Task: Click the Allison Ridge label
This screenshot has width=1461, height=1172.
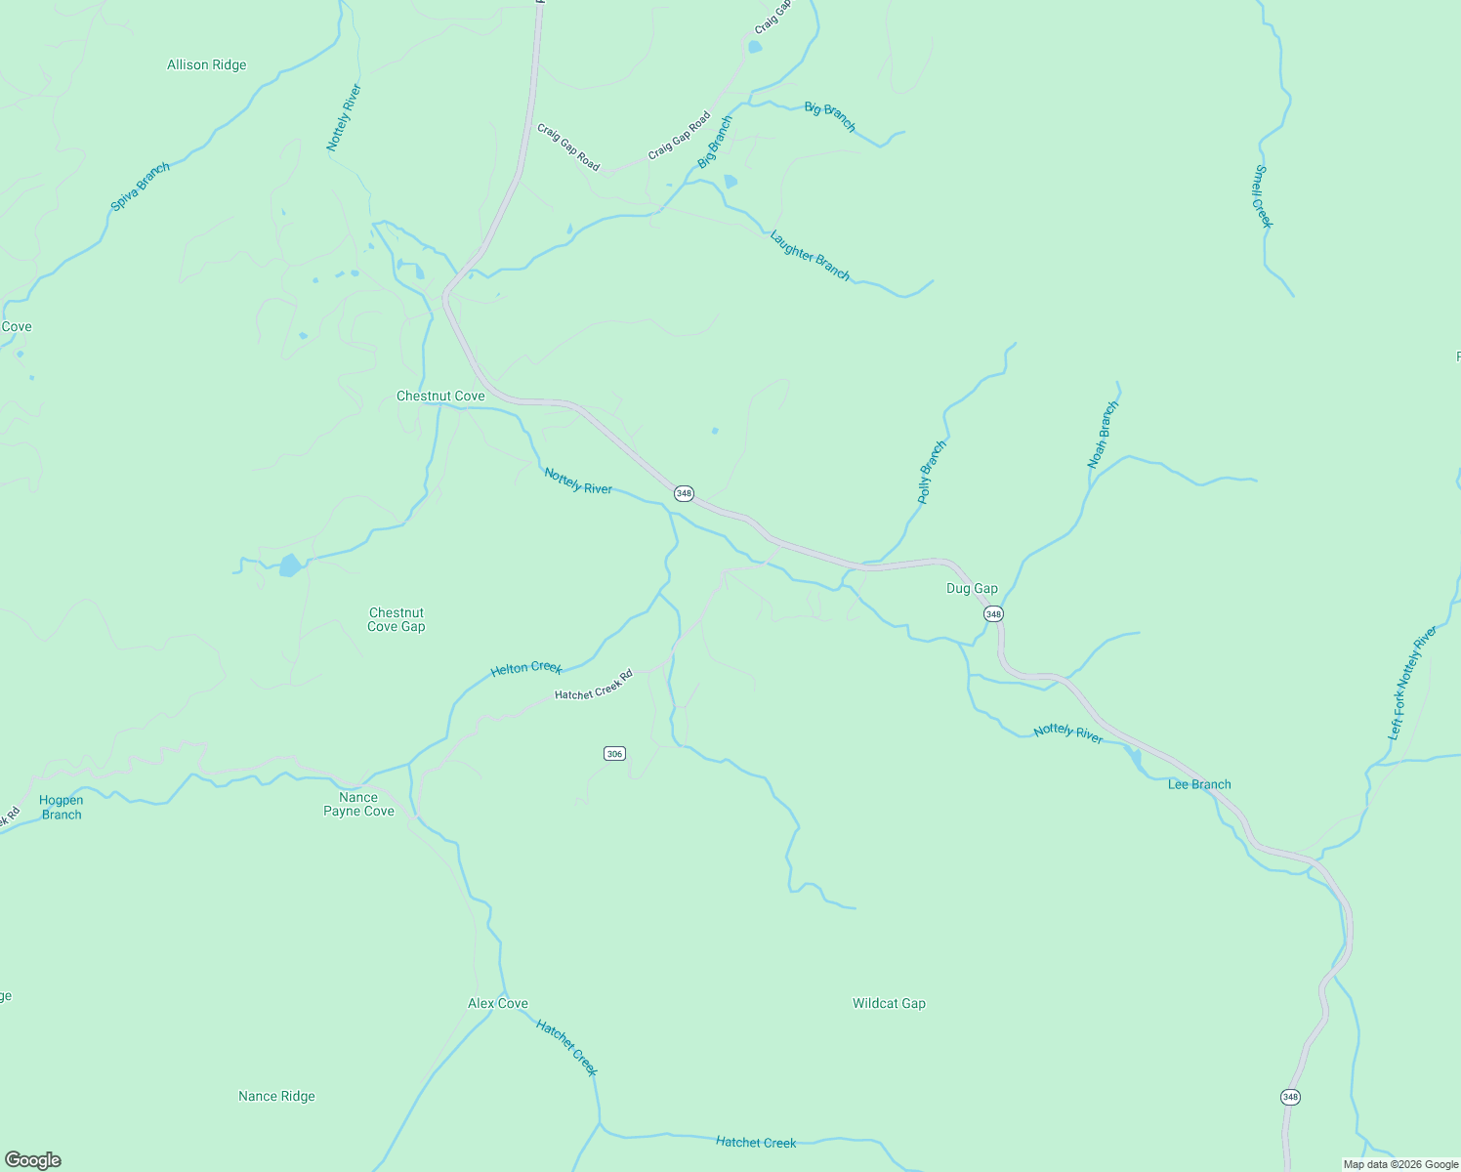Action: [207, 65]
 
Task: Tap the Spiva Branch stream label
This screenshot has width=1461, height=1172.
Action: [141, 187]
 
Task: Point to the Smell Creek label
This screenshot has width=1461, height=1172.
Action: [1263, 196]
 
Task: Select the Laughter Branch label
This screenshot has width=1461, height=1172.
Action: [810, 256]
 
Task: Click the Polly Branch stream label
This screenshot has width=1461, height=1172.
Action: [932, 473]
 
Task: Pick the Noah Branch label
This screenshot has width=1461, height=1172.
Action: [1104, 435]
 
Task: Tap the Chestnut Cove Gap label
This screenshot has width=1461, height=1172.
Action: [397, 620]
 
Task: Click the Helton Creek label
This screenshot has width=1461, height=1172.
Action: [526, 668]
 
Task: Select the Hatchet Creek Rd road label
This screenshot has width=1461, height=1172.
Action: [594, 685]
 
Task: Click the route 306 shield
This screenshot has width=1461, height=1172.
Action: [614, 753]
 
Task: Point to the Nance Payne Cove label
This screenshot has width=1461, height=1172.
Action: [359, 804]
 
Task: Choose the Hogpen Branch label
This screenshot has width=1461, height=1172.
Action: [62, 808]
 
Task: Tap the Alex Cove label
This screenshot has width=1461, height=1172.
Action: [498, 1003]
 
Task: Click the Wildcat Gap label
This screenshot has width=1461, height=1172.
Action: [889, 1003]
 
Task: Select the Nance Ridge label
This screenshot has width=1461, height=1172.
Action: [277, 1096]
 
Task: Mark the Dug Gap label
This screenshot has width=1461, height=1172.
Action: [973, 588]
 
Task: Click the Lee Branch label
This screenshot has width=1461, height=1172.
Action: [1199, 784]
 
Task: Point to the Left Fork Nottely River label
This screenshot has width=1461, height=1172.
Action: [1413, 683]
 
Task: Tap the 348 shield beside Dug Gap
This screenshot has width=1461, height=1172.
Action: [993, 613]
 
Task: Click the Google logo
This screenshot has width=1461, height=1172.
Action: [33, 1160]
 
